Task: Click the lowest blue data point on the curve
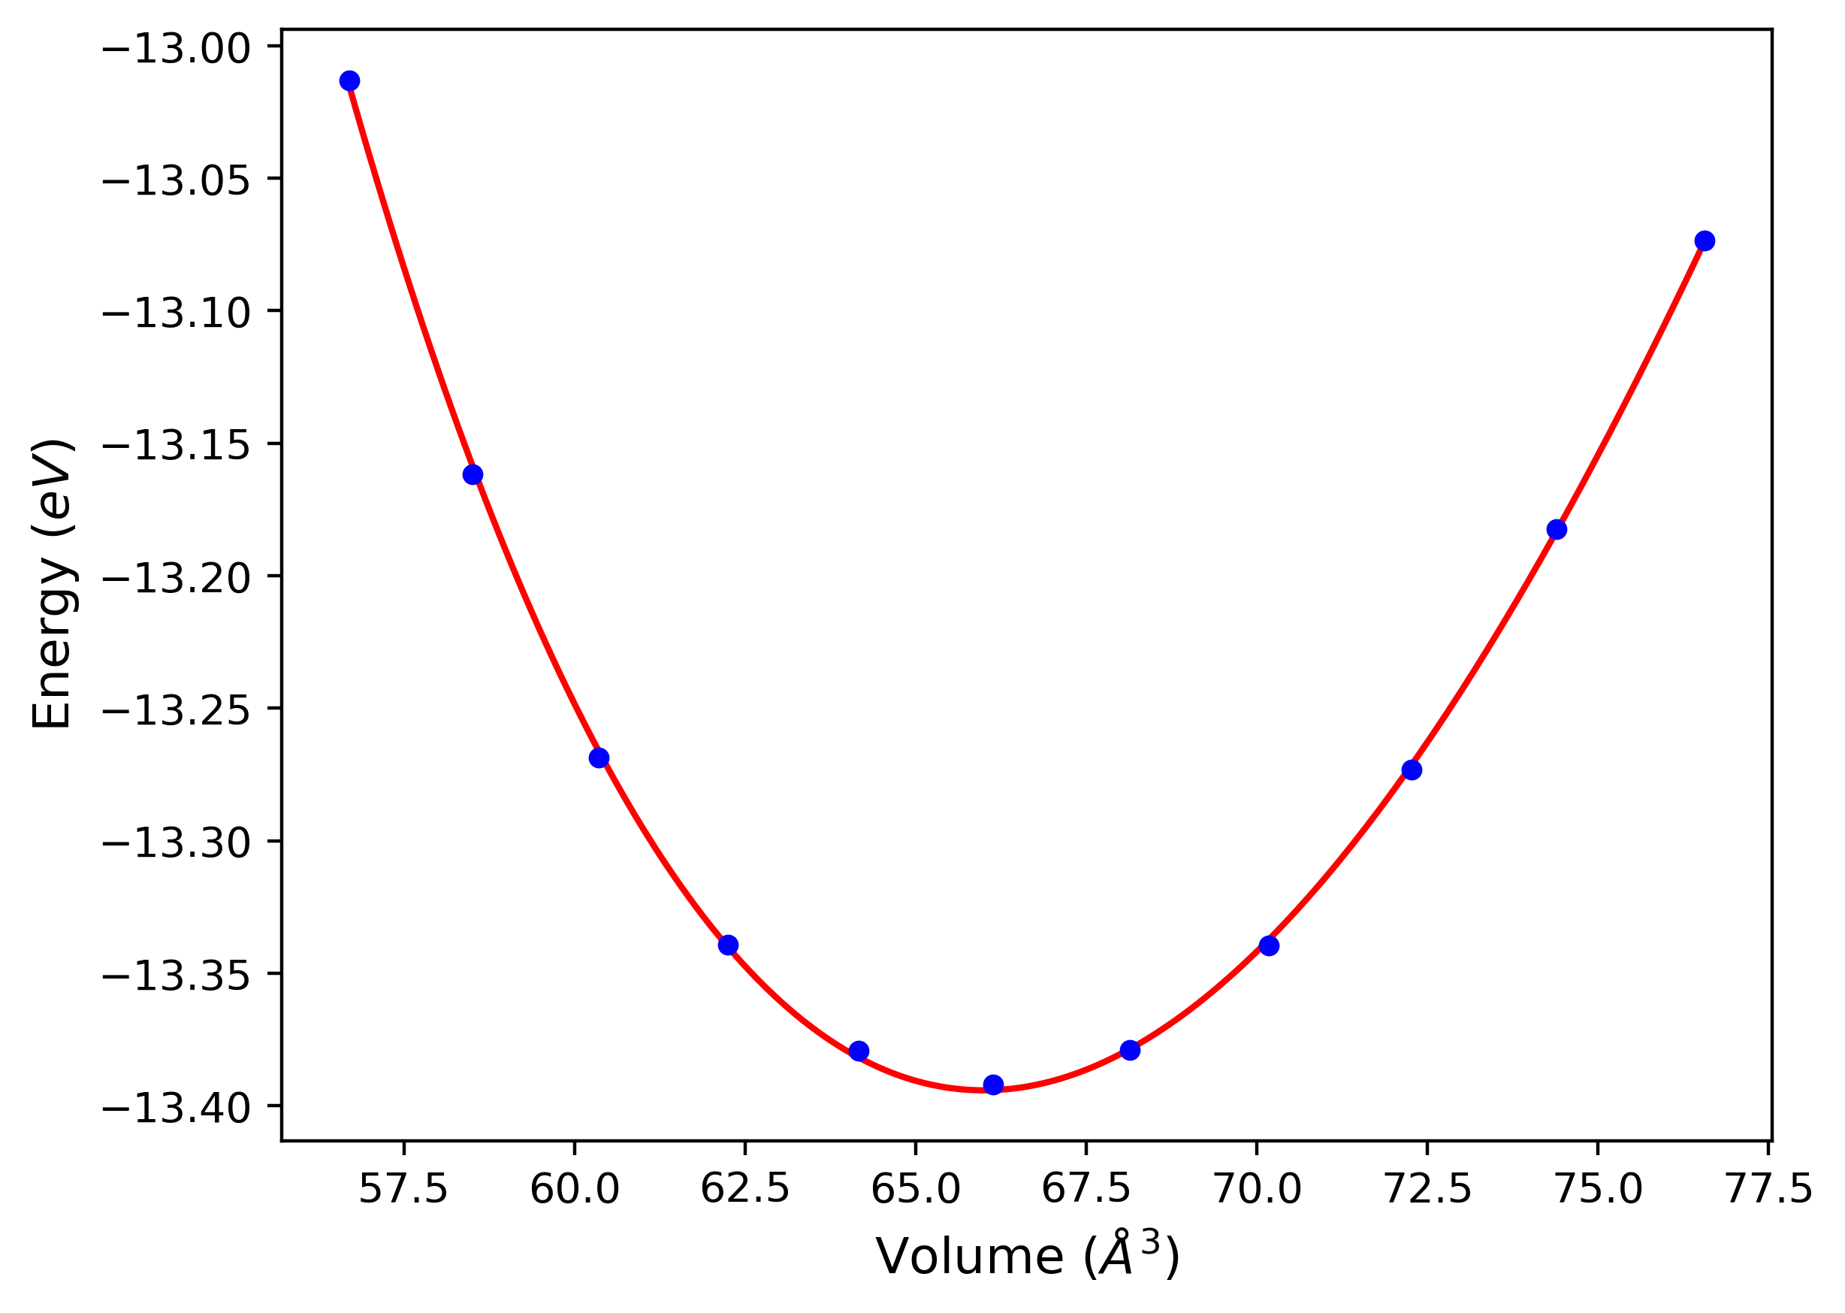pos(993,1085)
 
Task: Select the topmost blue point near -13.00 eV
pos(349,81)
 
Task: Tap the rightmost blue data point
pos(1705,241)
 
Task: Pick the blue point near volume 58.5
pos(473,474)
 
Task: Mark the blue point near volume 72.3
pos(1412,770)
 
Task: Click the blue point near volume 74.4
pos(1557,530)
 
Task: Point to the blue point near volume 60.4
pos(599,758)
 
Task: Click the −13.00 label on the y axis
pos(177,49)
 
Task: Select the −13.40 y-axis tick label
pos(177,1109)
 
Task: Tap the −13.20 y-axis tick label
pos(177,578)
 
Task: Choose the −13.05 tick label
pos(177,180)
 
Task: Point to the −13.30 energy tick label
pos(177,843)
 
